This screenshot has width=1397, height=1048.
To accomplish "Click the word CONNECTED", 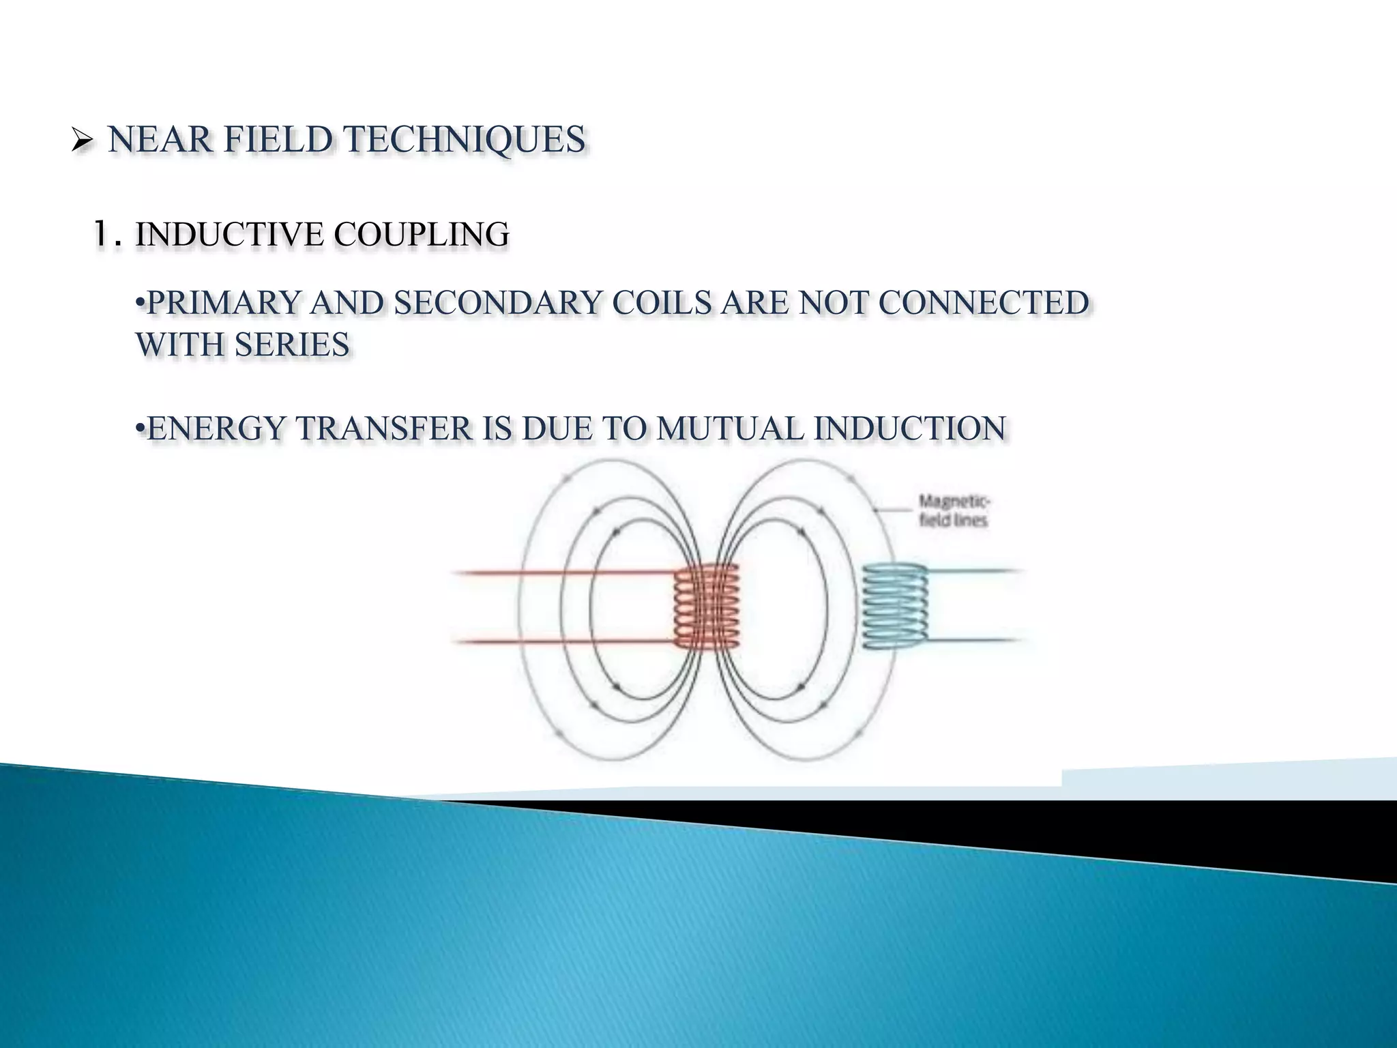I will [x=977, y=302].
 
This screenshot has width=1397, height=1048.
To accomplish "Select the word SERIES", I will [x=291, y=344].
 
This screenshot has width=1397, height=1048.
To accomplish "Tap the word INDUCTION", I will [x=910, y=428].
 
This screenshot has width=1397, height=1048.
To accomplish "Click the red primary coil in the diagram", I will [x=706, y=607].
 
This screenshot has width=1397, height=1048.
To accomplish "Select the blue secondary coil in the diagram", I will [x=894, y=607].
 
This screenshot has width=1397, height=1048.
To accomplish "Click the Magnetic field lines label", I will [x=953, y=510].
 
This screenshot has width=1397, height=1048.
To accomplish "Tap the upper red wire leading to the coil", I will [x=559, y=573].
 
